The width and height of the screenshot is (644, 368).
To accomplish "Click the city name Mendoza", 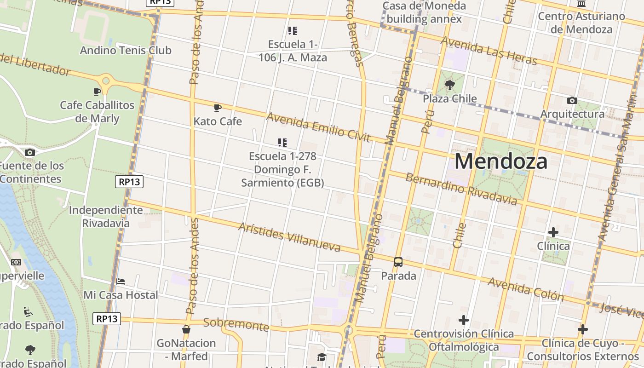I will coord(501,161).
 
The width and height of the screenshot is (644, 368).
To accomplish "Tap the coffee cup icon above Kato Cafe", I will coord(218,108).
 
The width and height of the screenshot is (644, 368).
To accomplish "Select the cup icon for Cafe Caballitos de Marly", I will coord(97,92).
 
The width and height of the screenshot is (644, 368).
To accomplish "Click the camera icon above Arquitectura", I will coord(572,100).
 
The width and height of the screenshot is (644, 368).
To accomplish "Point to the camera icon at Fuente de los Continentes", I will coord(30,152).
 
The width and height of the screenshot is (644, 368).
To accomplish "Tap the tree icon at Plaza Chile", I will coord(450,85).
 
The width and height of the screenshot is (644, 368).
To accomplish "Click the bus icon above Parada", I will coord(398,262).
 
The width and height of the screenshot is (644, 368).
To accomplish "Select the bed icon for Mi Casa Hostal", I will coord(121,281).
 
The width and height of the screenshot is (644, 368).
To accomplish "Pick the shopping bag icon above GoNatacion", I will coord(186,329).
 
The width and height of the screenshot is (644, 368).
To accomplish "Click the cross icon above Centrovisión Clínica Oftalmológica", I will coord(464,320).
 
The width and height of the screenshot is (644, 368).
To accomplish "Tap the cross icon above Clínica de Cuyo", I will coord(583,329).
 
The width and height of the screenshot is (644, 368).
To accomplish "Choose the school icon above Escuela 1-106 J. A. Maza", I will coord(293,31).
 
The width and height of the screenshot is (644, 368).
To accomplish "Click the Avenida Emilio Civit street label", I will coord(318,127).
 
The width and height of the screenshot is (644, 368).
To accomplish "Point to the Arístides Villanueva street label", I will coord(289,237).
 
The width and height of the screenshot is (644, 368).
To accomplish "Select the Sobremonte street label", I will coord(236,324).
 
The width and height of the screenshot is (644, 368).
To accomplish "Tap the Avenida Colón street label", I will coord(526,289).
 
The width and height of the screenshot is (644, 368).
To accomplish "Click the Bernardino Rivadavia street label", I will coord(461,189).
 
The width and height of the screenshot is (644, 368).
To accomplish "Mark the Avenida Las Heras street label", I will coord(489,51).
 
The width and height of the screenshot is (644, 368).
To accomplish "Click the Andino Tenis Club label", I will coord(126,50).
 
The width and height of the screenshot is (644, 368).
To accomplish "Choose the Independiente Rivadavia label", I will coord(106,217).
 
